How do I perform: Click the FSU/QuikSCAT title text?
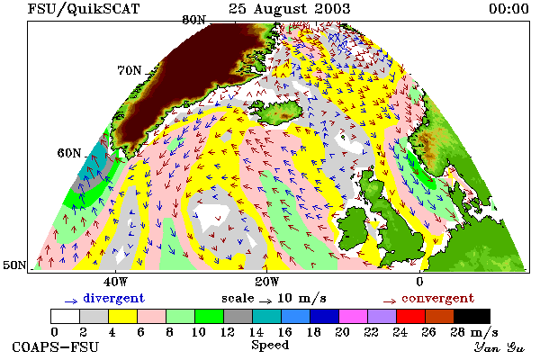pos(84,9)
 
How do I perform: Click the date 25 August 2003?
pos(289,9)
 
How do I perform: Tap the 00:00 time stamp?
pos(508,9)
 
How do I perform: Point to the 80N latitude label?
pos(193,20)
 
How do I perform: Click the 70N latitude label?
pos(130,70)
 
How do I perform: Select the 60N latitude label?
pos(69,153)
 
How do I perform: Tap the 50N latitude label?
pos(14,265)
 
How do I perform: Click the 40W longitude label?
pos(115,282)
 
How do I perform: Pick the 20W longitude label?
pos(267,282)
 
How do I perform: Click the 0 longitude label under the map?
pos(419,282)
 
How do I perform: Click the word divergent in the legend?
pos(113,298)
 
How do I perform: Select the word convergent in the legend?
pos(437,298)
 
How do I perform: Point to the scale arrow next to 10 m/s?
pos(265,301)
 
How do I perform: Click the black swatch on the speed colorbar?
pos(472,316)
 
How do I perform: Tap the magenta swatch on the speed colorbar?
pos(354,316)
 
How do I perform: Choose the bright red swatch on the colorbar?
pos(411,316)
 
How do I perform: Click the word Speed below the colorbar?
pos(270,346)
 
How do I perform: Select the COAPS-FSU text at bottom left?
pos(56,346)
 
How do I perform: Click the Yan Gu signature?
pos(499,347)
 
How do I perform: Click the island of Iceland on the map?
pos(279,111)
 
